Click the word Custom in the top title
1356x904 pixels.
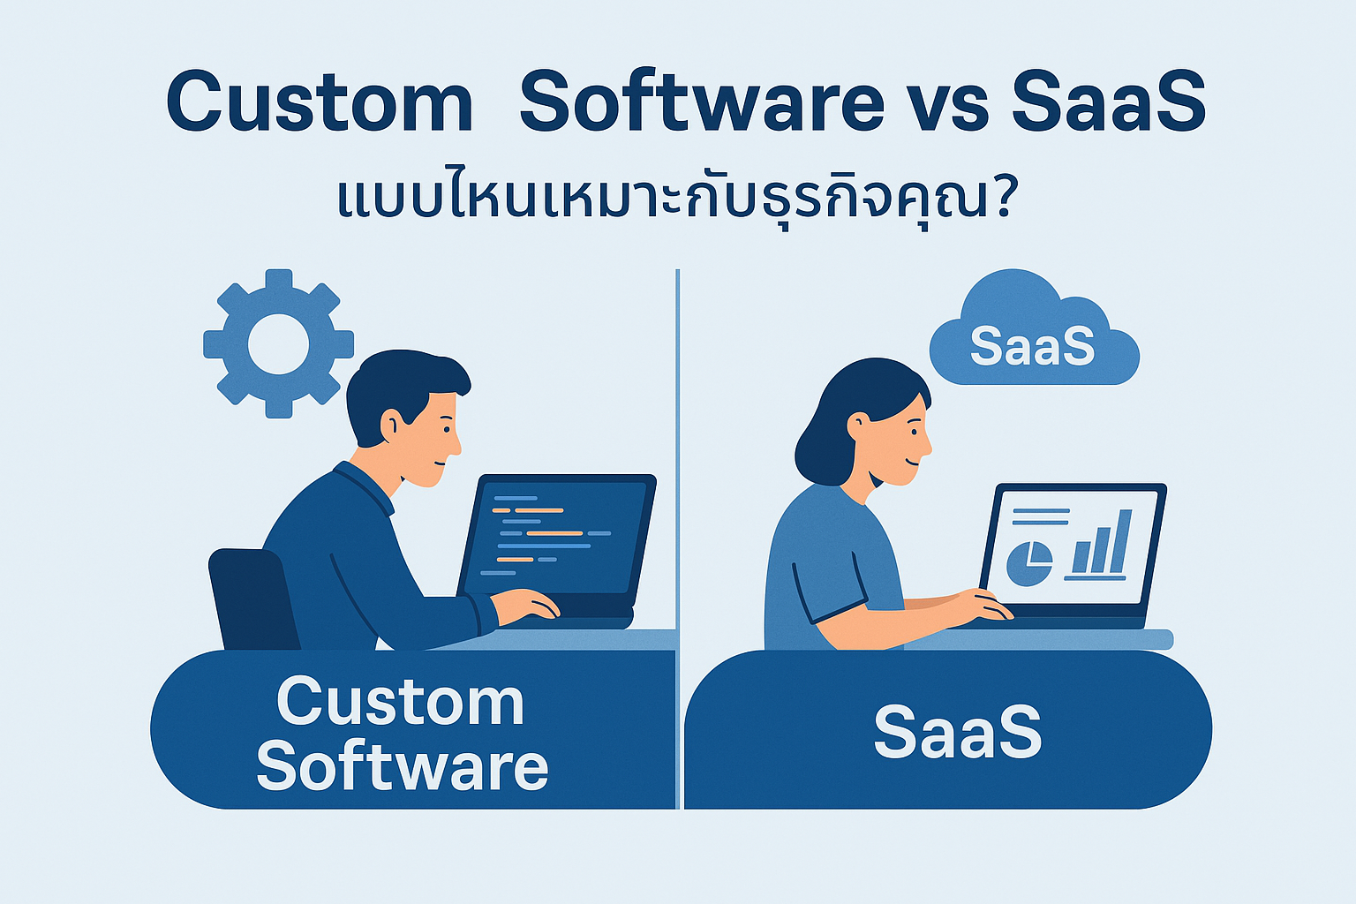point(319,102)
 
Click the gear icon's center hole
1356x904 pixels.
point(278,344)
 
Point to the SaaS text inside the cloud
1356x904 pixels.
point(1032,346)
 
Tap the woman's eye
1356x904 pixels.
point(915,433)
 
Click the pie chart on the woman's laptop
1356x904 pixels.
point(1029,563)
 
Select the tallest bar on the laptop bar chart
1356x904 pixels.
point(1121,540)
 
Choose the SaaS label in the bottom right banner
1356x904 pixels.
point(958,732)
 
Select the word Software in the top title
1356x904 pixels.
point(702,102)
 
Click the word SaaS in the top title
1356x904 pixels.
point(1109,102)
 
